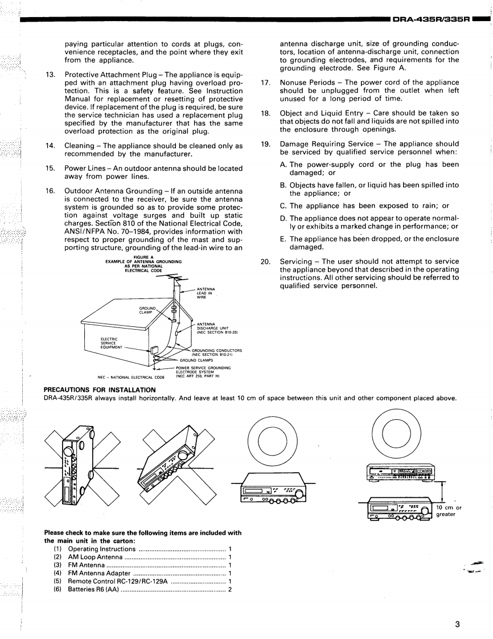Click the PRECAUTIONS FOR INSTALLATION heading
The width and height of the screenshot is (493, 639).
coord(100,390)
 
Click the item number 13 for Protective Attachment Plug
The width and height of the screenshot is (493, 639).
coord(50,75)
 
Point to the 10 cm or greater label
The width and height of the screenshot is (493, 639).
coord(449,511)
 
